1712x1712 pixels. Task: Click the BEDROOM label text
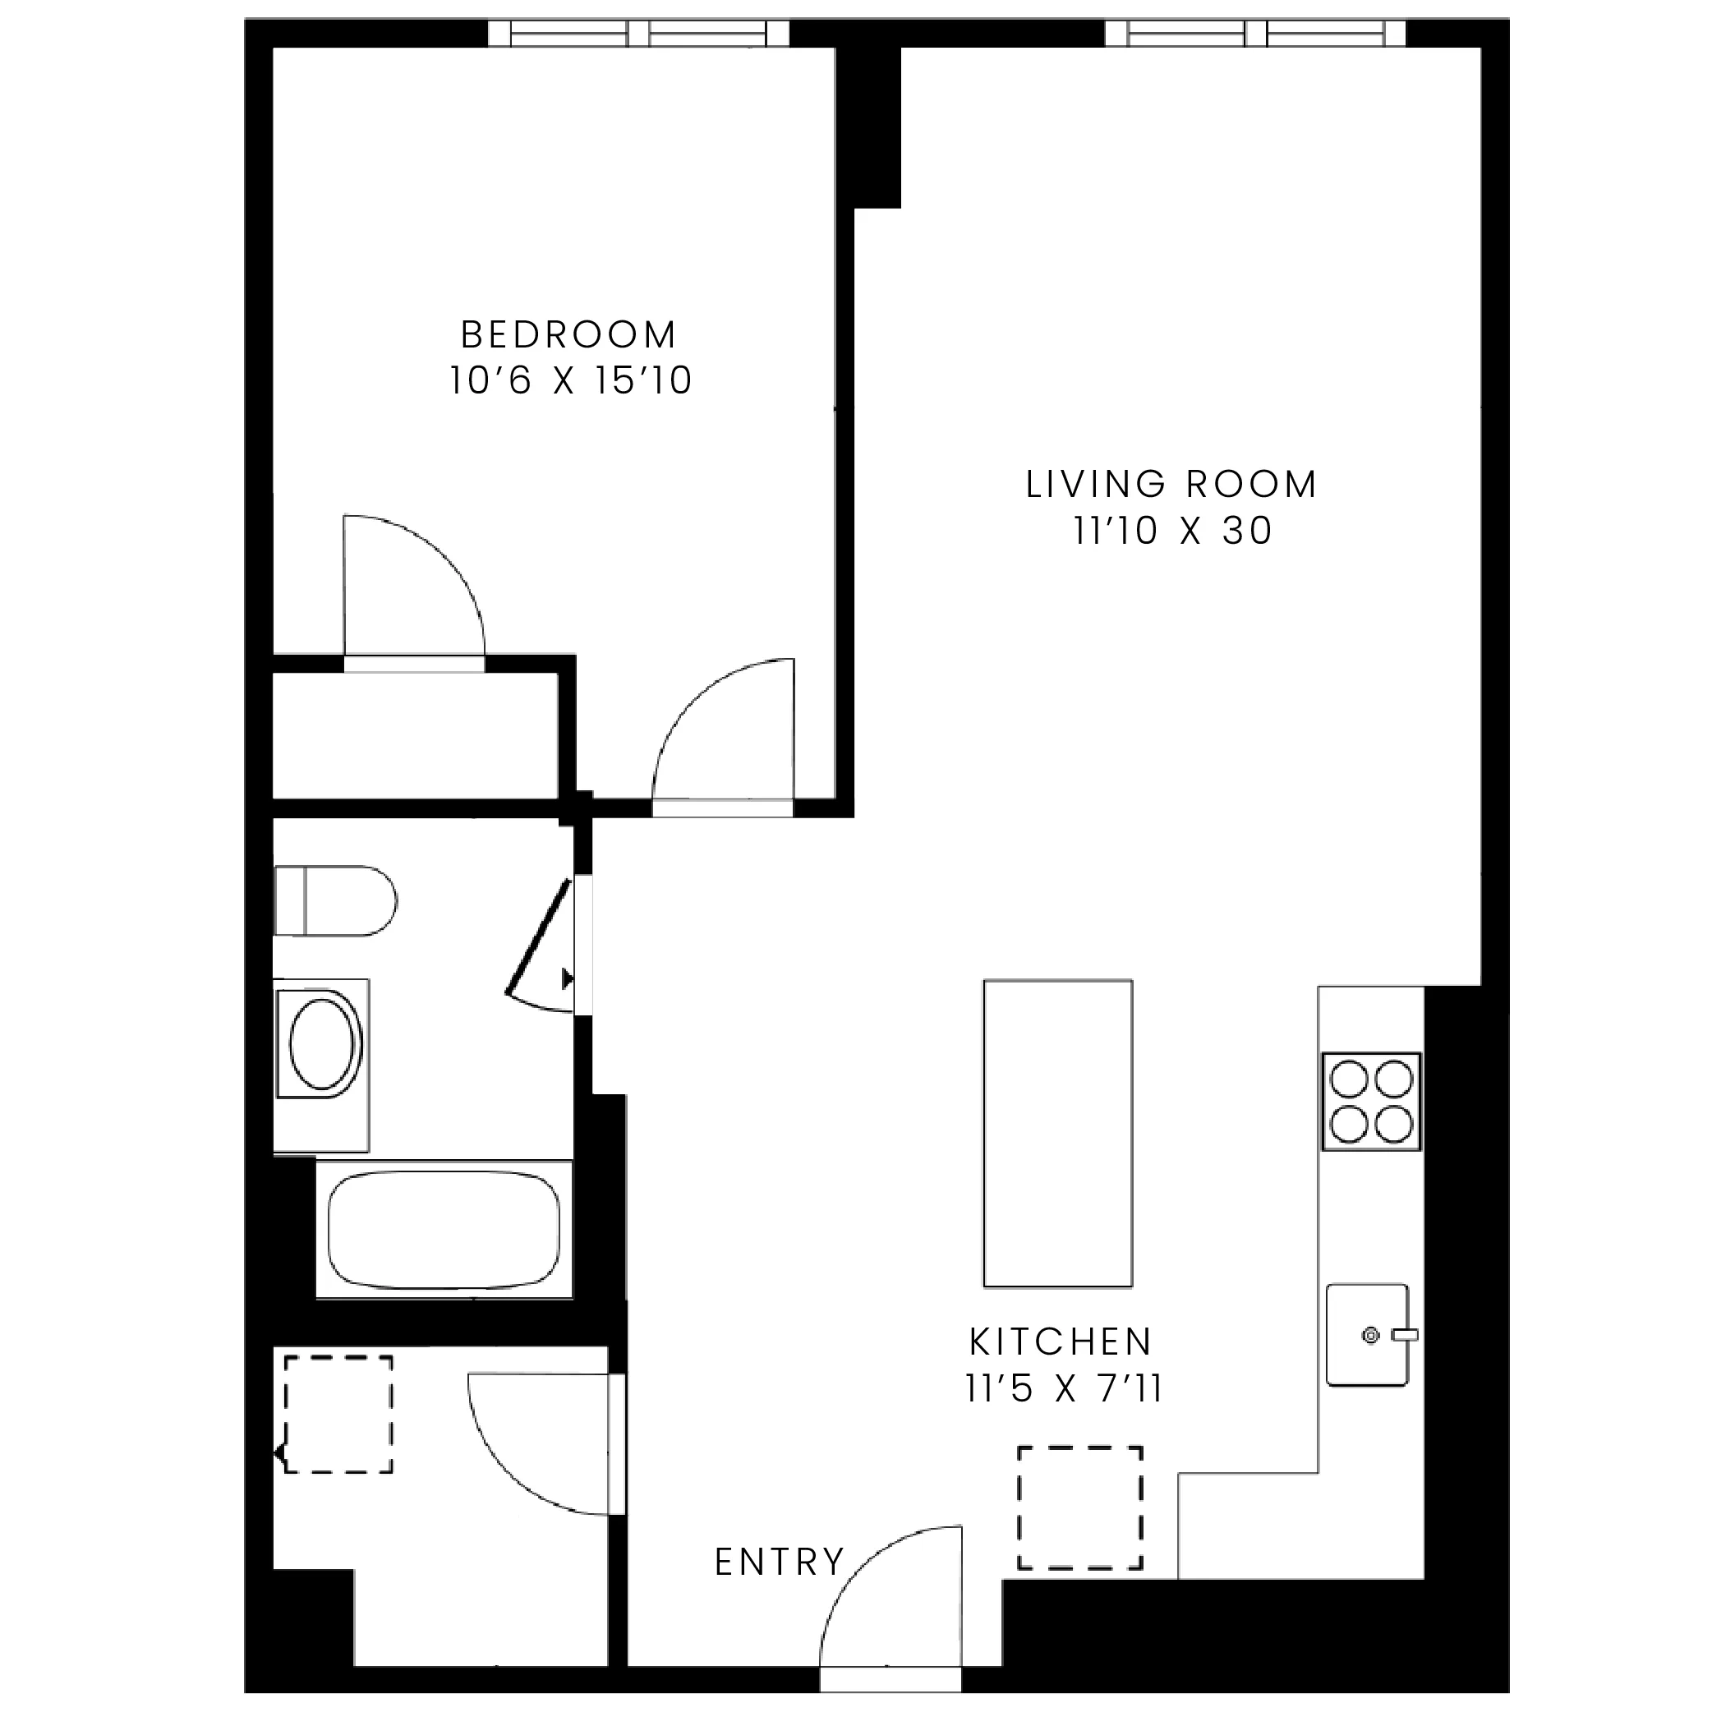point(569,335)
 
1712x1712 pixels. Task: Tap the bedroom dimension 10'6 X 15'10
point(570,381)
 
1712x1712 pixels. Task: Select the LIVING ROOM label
point(1171,485)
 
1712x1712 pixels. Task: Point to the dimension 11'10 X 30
point(1172,531)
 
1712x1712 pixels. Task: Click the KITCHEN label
point(1061,1342)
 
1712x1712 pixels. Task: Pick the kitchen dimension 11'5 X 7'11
point(1062,1388)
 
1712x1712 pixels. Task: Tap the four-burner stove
point(1371,1102)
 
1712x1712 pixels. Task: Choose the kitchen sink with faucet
point(1367,1334)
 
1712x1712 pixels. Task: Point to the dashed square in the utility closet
point(338,1415)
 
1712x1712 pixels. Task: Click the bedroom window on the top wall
point(638,34)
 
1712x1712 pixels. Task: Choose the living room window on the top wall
point(1254,34)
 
